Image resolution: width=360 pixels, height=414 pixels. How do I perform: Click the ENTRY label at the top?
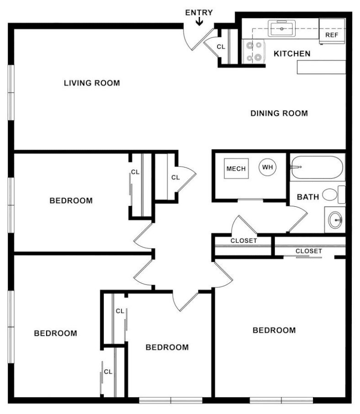(199, 12)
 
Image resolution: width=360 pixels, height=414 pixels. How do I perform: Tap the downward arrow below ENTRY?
(199, 21)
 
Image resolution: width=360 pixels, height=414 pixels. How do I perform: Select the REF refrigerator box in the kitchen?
(332, 31)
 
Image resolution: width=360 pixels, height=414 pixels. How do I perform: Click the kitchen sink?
(282, 28)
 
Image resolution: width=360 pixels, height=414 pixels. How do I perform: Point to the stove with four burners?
(254, 52)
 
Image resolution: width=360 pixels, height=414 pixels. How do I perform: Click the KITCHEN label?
(292, 53)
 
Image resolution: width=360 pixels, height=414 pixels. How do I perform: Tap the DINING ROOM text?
(279, 113)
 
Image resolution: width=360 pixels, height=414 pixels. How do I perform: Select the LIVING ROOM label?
(92, 83)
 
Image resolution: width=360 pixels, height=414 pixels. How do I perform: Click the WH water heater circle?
(268, 167)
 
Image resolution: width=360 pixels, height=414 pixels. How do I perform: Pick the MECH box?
(236, 168)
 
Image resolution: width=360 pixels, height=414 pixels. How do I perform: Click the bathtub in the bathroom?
(317, 168)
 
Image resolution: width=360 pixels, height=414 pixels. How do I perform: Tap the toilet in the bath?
(334, 194)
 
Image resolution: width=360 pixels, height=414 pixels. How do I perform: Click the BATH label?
(308, 197)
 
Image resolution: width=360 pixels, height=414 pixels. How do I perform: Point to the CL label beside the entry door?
(221, 47)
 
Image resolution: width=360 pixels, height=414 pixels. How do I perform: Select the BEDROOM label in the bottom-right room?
(274, 330)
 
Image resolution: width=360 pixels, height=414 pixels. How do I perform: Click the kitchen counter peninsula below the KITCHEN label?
(322, 67)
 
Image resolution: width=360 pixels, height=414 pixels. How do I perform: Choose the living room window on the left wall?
(11, 92)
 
